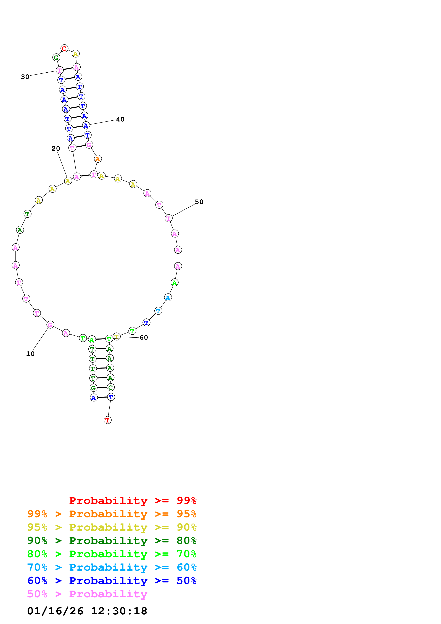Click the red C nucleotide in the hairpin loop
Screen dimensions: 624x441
click(64, 49)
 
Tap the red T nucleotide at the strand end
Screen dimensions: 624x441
click(108, 420)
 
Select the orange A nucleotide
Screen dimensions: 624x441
click(98, 159)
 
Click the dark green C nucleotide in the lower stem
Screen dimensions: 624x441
click(111, 387)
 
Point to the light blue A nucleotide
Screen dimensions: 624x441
click(168, 298)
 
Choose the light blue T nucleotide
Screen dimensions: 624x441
click(158, 311)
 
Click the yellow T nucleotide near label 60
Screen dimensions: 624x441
click(117, 337)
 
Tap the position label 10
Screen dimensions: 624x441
click(30, 354)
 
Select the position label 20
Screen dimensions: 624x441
click(56, 148)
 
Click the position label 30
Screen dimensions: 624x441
click(25, 77)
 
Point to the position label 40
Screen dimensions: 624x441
click(120, 119)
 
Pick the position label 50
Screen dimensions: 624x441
click(199, 202)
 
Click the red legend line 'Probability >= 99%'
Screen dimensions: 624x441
click(133, 500)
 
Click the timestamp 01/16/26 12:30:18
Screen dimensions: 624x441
click(87, 611)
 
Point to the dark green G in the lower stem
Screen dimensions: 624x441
click(93, 388)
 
